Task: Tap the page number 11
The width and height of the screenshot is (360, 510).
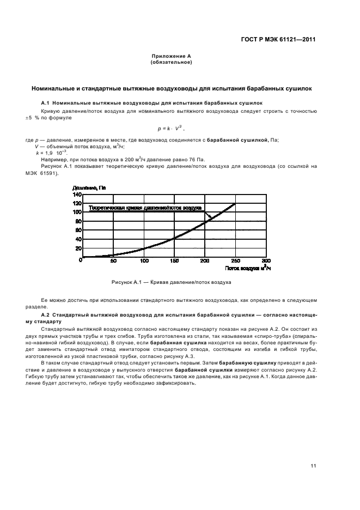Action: click(x=313, y=466)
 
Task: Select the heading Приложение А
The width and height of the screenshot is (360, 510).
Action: click(x=171, y=57)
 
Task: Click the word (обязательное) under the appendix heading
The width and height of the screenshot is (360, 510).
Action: click(x=171, y=62)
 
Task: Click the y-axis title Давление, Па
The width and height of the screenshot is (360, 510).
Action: click(x=89, y=188)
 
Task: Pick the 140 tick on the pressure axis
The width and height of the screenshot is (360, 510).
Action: click(x=76, y=195)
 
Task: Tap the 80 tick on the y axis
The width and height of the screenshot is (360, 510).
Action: click(x=78, y=221)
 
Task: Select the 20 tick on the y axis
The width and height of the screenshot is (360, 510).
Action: click(x=78, y=248)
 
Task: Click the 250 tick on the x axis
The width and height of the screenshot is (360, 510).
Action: click(x=235, y=261)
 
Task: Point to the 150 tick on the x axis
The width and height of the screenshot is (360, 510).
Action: click(x=174, y=261)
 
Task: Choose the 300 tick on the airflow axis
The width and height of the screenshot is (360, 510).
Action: click(x=265, y=261)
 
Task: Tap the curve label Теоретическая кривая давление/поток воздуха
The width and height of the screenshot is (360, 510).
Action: click(x=145, y=208)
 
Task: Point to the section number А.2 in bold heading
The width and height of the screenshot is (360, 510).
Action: click(x=46, y=315)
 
